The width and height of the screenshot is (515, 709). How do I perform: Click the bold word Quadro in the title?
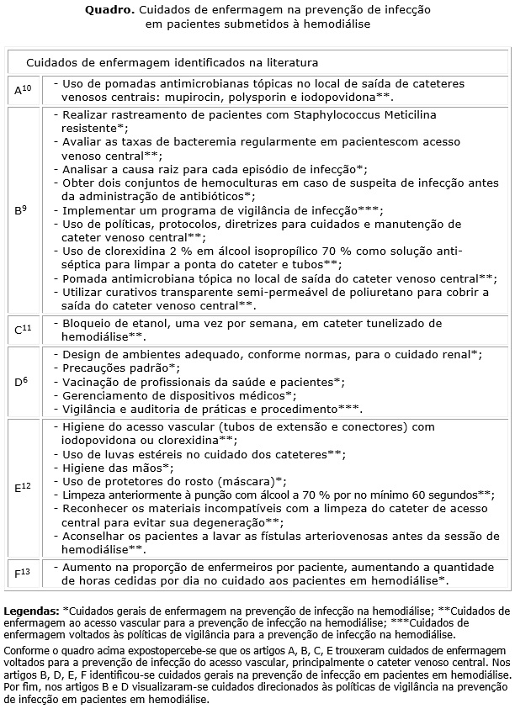tap(109, 10)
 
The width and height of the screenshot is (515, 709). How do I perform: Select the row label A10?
tap(23, 89)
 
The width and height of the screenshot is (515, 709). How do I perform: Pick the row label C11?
tap(23, 329)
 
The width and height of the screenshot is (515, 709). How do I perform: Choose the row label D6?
tap(21, 381)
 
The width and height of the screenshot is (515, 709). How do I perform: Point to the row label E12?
tap(23, 487)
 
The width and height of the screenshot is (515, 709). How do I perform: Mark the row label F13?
tap(22, 574)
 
